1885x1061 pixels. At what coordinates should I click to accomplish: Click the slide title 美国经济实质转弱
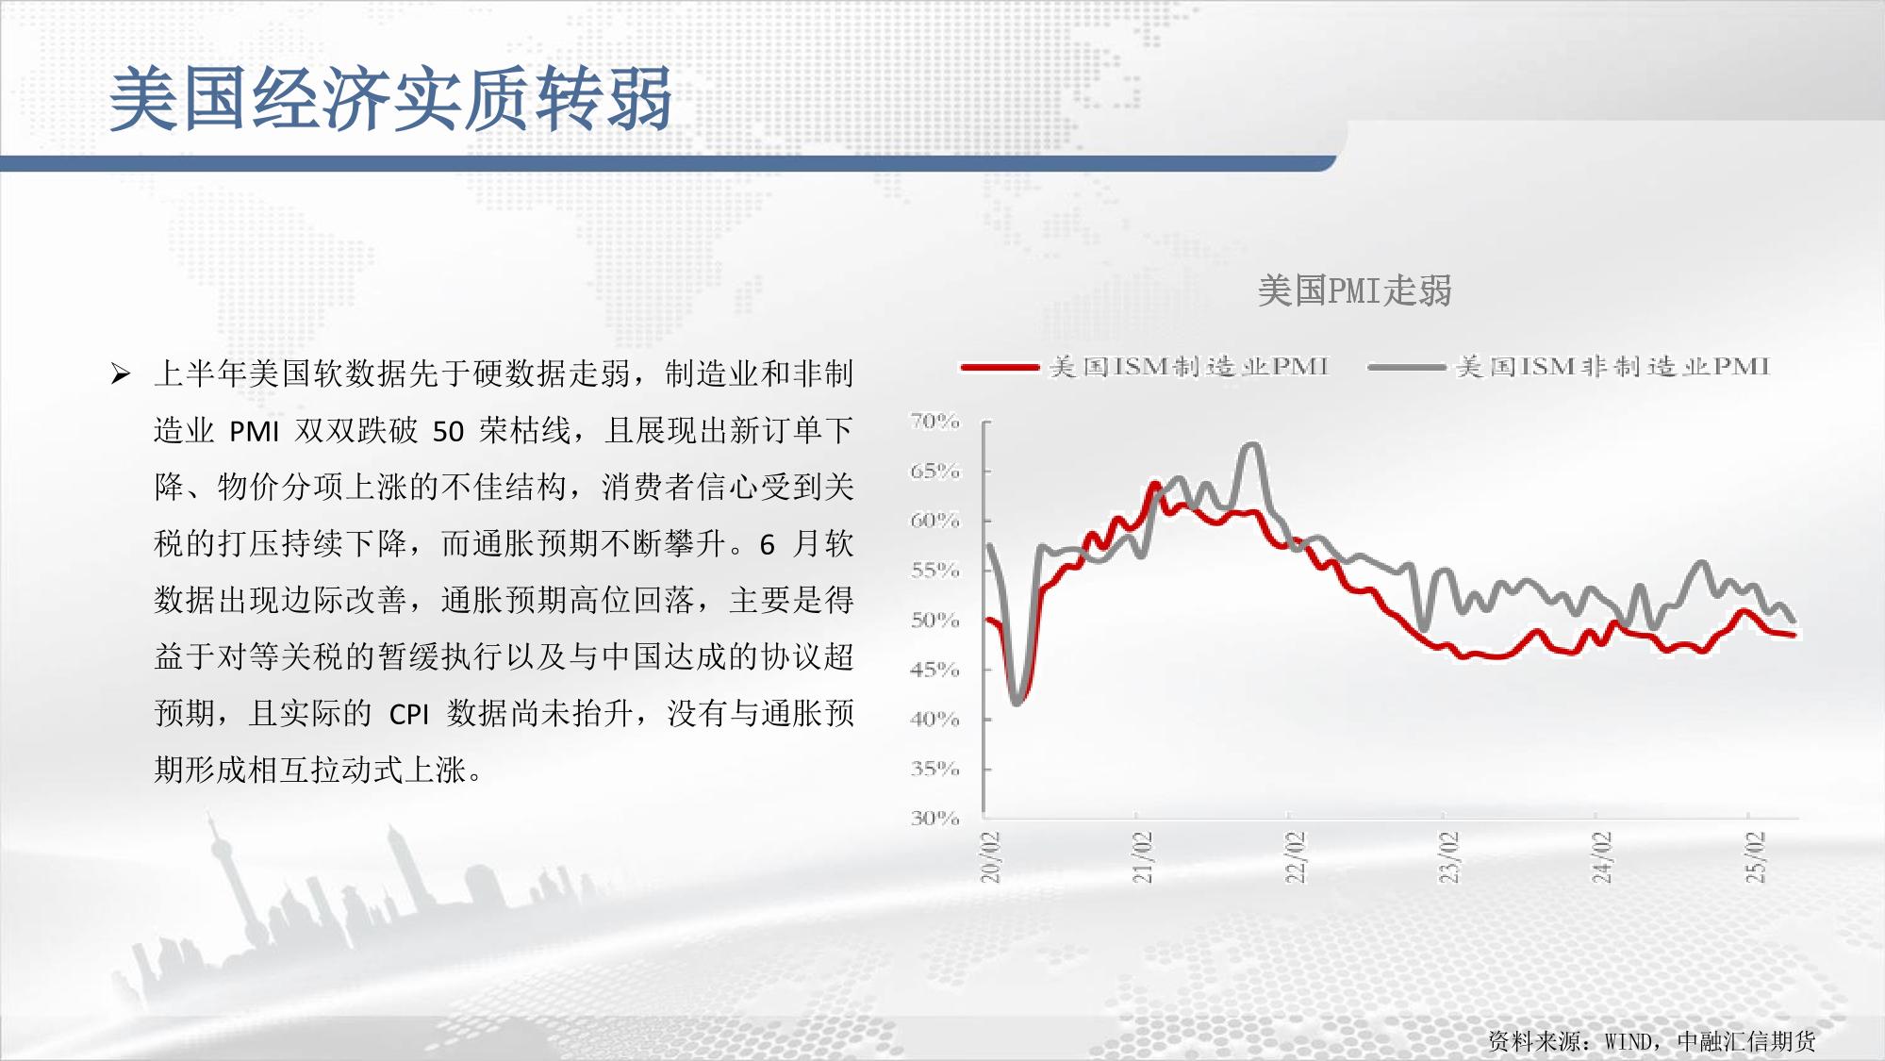391,98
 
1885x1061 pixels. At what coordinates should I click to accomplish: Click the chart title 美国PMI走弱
1354,290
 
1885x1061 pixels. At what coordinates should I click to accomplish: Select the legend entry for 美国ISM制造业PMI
1146,366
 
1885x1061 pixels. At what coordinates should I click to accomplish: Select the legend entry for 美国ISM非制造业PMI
1569,366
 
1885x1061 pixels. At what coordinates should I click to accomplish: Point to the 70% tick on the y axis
934,421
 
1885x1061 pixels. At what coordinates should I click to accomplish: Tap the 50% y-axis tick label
934,620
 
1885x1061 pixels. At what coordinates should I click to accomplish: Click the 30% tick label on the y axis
934,818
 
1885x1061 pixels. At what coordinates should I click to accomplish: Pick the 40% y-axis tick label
934,719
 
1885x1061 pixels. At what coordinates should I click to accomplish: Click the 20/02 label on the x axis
990,856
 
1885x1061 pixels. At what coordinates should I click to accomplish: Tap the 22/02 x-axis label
1296,856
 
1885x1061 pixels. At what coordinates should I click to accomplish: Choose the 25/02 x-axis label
1755,856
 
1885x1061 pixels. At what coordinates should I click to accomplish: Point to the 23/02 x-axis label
1449,856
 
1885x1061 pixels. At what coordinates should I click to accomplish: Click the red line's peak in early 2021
1154,485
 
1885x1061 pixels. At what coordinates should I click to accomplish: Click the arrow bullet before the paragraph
120,374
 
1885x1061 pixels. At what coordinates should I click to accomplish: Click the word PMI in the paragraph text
255,432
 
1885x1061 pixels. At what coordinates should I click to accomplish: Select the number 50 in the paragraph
448,432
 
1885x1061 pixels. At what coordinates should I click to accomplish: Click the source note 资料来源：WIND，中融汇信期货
1651,1041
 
